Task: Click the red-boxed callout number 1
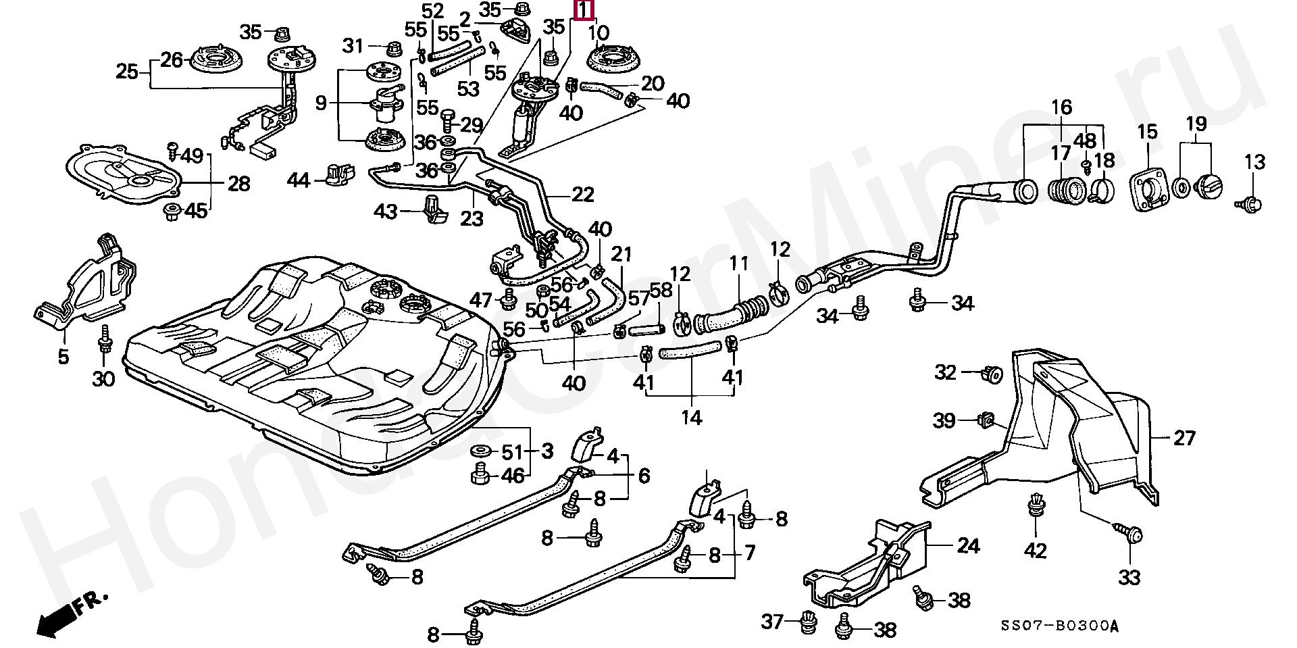click(584, 9)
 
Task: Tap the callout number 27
click(1184, 438)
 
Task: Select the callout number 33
click(1129, 577)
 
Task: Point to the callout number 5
click(63, 355)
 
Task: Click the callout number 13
click(1254, 162)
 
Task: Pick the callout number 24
click(968, 545)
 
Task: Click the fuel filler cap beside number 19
click(1210, 186)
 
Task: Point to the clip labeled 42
click(1034, 507)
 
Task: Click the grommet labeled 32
click(993, 373)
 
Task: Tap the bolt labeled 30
click(104, 341)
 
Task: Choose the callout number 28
click(238, 183)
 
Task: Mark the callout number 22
click(582, 195)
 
